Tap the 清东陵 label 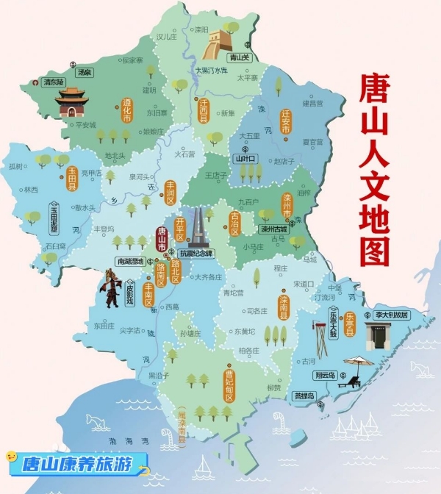pos(53,82)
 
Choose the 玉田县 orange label pos(72,179)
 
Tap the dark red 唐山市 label pos(161,239)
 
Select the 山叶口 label pos(244,158)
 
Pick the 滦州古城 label pos(279,229)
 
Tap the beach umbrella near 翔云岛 pos(359,363)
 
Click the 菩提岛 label pos(304,396)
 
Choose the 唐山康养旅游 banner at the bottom pos(76,464)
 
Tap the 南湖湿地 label pos(130,261)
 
